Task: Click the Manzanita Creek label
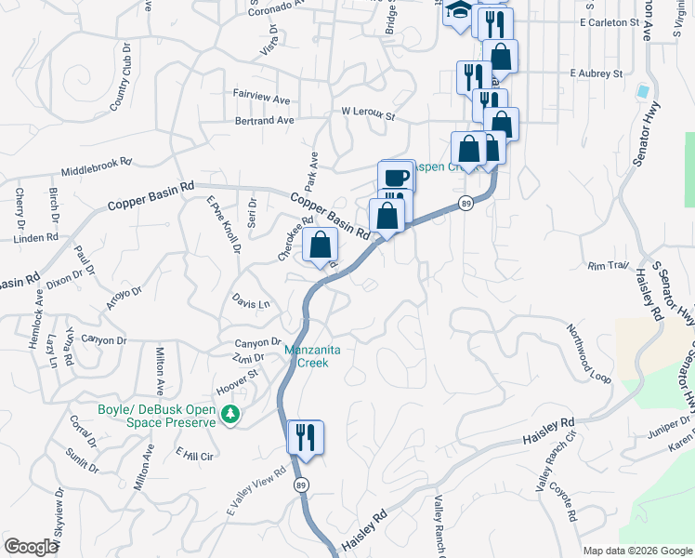pos(306,356)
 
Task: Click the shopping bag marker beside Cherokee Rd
pos(321,246)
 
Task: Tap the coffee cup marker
pos(396,177)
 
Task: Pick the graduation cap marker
pos(457,12)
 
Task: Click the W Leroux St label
pos(368,115)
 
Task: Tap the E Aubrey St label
pos(596,73)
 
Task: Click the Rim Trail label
pos(609,265)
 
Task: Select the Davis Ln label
pos(251,303)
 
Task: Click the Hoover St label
pos(236,381)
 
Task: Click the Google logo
pos(31,547)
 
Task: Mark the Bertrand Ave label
pos(265,121)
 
